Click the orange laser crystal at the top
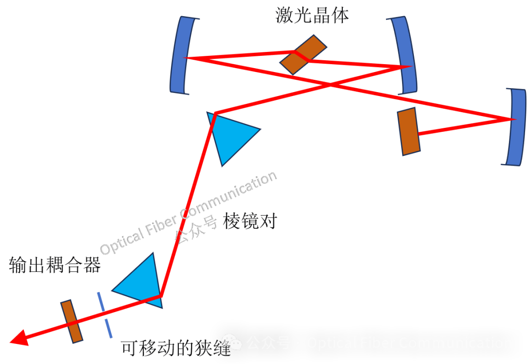coord(303,54)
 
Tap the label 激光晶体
coord(312,16)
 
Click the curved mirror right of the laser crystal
coord(405,55)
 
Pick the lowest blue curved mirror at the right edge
coord(515,127)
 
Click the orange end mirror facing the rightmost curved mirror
coord(409,132)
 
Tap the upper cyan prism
coord(230,135)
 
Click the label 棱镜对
coord(249,221)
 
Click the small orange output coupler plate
coord(72,321)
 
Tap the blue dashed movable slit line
coord(105,315)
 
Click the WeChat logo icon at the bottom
coord(232,343)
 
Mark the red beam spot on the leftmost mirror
coord(186,58)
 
